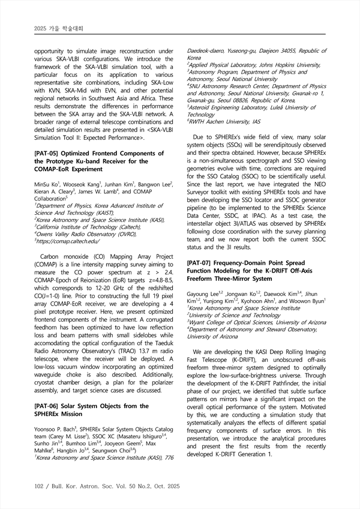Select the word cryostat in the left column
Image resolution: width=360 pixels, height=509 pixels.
click(x=46, y=365)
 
